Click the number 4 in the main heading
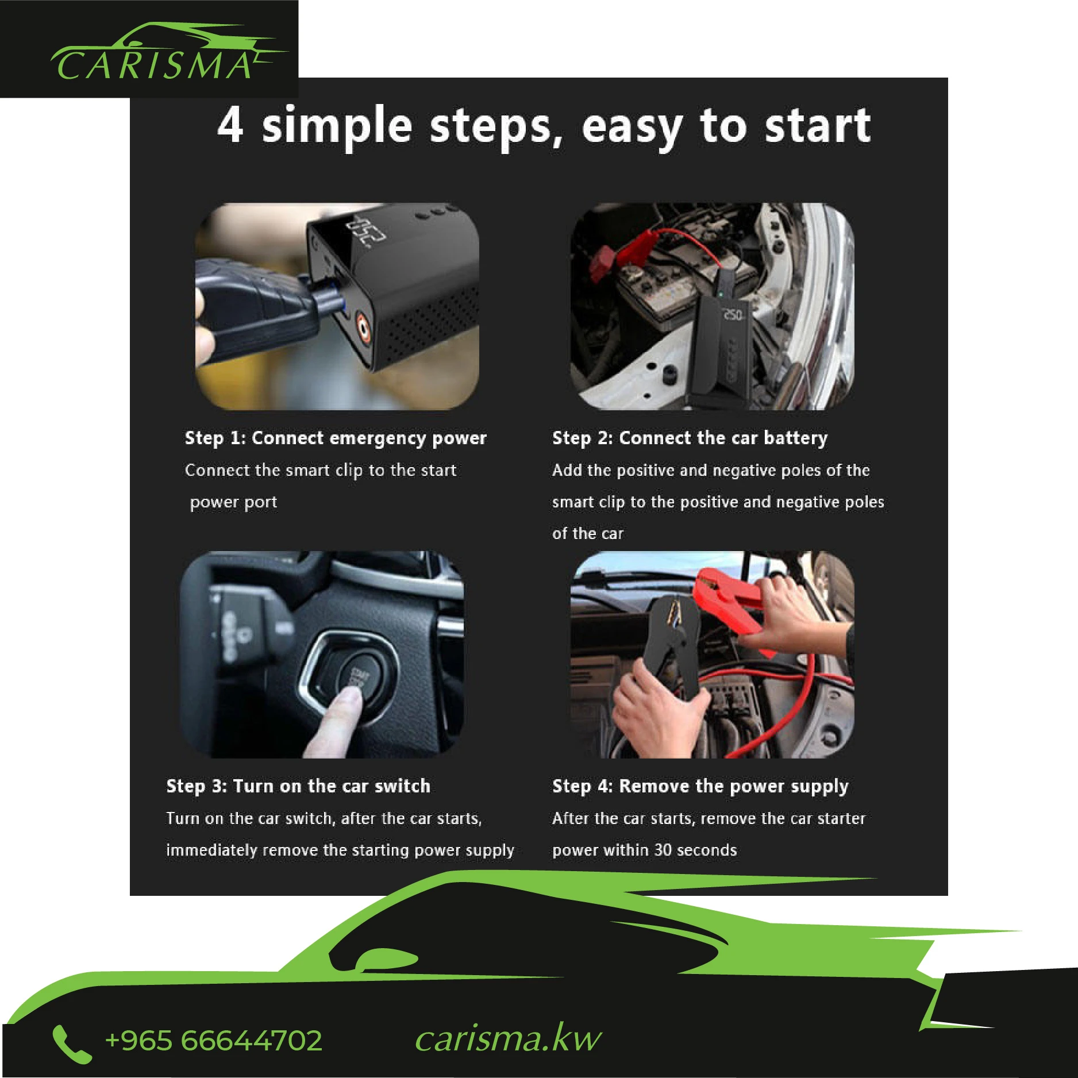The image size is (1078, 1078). click(230, 125)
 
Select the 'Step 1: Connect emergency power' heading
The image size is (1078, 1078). click(336, 438)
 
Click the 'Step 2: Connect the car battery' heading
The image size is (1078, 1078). click(690, 438)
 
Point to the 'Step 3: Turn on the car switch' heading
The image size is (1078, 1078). click(298, 786)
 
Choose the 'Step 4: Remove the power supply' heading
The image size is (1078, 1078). click(700, 786)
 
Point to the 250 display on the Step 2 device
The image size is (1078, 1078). click(732, 315)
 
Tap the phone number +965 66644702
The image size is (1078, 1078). click(214, 1041)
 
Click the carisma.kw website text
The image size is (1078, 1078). click(508, 1039)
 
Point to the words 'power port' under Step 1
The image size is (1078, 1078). click(233, 502)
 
